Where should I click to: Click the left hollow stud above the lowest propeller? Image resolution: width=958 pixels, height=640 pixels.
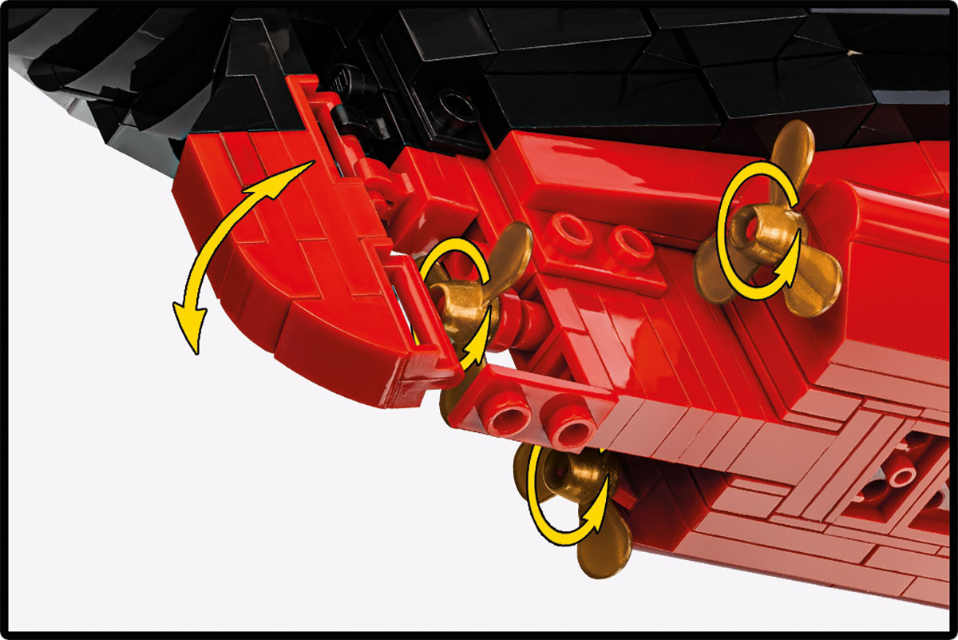pos(511,419)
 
